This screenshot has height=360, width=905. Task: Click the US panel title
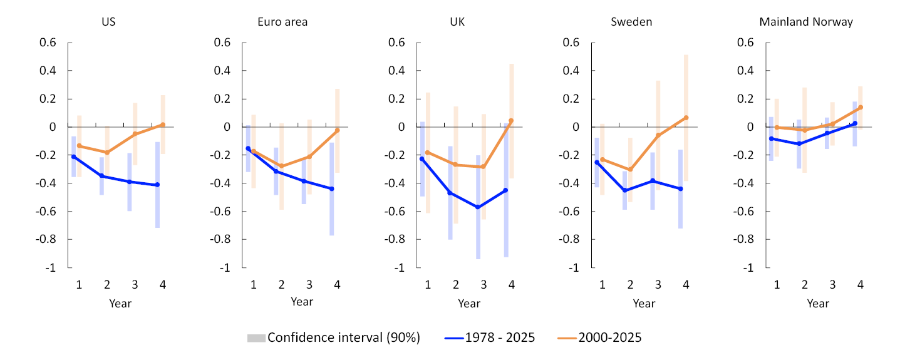tap(108, 22)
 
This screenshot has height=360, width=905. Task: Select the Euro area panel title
tap(282, 22)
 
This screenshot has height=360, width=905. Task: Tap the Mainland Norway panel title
tap(806, 22)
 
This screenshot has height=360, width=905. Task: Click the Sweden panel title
tap(631, 22)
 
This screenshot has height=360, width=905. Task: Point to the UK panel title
tap(457, 22)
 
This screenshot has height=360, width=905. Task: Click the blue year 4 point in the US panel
tap(158, 185)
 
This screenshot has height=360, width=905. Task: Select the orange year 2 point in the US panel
tap(107, 152)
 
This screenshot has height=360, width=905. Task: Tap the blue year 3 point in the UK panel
tap(478, 207)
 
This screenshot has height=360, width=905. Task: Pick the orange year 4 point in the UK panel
tap(511, 120)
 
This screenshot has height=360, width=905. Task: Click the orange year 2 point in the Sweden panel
tap(630, 169)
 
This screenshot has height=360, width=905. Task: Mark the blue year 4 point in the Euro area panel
tap(332, 188)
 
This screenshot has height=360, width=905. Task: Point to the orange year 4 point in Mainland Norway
tap(861, 107)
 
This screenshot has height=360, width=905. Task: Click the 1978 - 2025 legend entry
tap(490, 337)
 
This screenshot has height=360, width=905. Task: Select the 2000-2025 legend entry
tap(599, 337)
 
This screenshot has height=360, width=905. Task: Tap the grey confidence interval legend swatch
tap(256, 338)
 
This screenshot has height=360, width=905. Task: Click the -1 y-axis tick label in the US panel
tap(51, 267)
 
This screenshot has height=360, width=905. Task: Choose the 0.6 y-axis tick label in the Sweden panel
tap(571, 43)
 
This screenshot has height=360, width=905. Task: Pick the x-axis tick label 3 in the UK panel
tap(484, 285)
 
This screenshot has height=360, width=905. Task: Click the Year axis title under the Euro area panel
tap(302, 302)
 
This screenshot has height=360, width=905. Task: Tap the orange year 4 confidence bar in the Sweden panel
tap(686, 118)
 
